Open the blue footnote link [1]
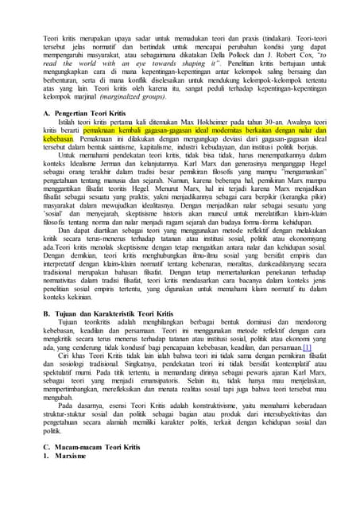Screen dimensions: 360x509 pyautogui.click(x=305, y=348)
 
